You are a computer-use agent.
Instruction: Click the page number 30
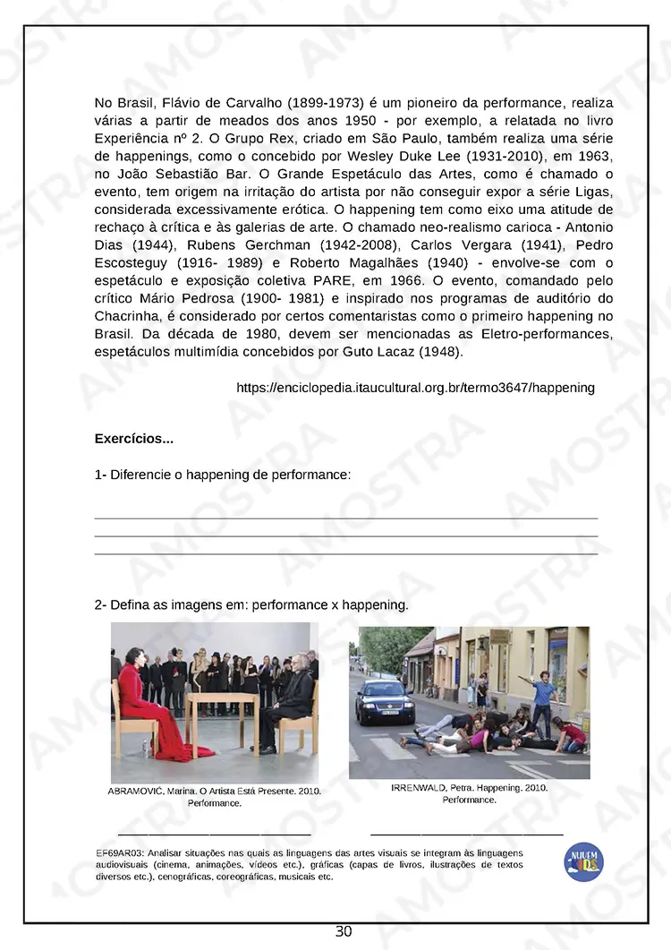344,932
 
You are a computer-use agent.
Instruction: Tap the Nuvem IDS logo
583,862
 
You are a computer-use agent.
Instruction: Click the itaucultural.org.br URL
415,388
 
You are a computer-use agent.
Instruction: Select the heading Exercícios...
133,439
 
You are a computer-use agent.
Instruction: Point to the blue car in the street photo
385,701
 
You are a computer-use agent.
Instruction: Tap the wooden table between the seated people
221,707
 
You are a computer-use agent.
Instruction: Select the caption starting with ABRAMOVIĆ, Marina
214,797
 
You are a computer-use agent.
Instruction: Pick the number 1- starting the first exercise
100,475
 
